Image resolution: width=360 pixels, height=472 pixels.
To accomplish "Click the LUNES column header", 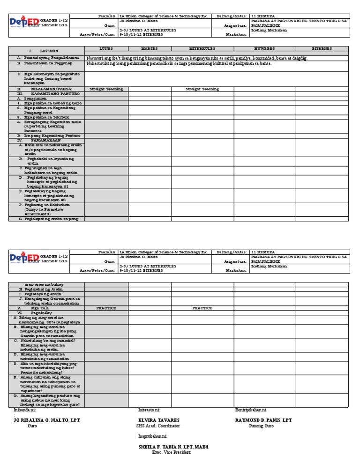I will pos(106,48).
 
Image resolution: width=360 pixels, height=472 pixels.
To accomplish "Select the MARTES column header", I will pos(150,48).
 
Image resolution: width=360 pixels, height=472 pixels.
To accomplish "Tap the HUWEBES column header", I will pos(264,48).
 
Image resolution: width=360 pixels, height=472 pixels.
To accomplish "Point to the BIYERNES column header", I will pos(322,48).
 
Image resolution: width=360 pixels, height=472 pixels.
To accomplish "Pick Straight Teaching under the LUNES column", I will pos(106,89).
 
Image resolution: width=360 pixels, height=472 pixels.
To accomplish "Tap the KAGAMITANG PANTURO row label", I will pos(51,93).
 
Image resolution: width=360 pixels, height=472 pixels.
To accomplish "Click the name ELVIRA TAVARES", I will pos(159,420).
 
